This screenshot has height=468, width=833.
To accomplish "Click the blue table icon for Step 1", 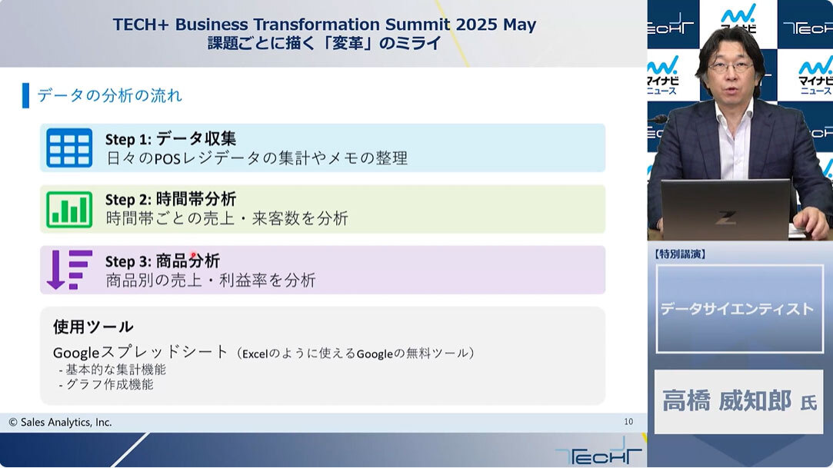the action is (x=69, y=148).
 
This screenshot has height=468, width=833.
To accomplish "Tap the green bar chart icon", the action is (x=69, y=209).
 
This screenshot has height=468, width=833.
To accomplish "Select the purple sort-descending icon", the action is (x=69, y=270).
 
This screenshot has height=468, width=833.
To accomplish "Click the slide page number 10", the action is (x=628, y=422).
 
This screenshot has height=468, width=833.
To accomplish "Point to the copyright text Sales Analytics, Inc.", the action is (x=60, y=423).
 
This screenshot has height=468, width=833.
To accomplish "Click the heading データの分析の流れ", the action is (x=109, y=95).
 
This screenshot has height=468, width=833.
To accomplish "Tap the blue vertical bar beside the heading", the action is (x=25, y=95).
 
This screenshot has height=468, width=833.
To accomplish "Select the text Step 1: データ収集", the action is (x=171, y=139).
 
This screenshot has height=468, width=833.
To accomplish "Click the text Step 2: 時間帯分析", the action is (x=171, y=200).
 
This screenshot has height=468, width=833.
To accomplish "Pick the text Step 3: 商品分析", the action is (x=162, y=261).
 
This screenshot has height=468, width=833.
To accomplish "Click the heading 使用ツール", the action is (x=93, y=327).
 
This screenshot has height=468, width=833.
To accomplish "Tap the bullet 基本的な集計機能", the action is (x=112, y=370).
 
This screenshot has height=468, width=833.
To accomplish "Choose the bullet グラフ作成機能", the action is (x=106, y=384).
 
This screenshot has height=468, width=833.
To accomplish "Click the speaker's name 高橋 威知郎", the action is (x=727, y=400).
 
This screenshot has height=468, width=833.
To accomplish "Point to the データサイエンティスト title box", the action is (x=739, y=309).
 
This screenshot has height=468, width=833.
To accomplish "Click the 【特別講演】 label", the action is (x=681, y=254).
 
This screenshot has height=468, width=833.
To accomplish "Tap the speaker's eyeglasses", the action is (x=731, y=68).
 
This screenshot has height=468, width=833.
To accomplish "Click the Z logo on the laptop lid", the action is (x=725, y=217).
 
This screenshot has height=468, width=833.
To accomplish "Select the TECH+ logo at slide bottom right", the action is (x=598, y=453).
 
